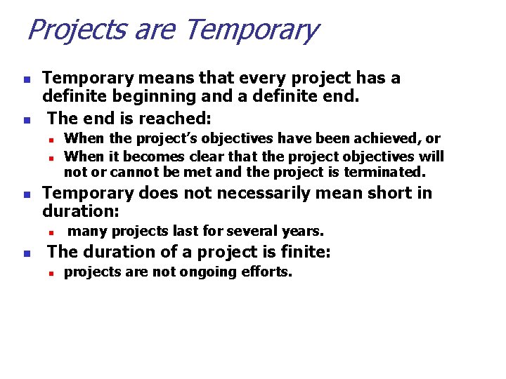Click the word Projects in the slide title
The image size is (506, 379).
pos(66,30)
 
